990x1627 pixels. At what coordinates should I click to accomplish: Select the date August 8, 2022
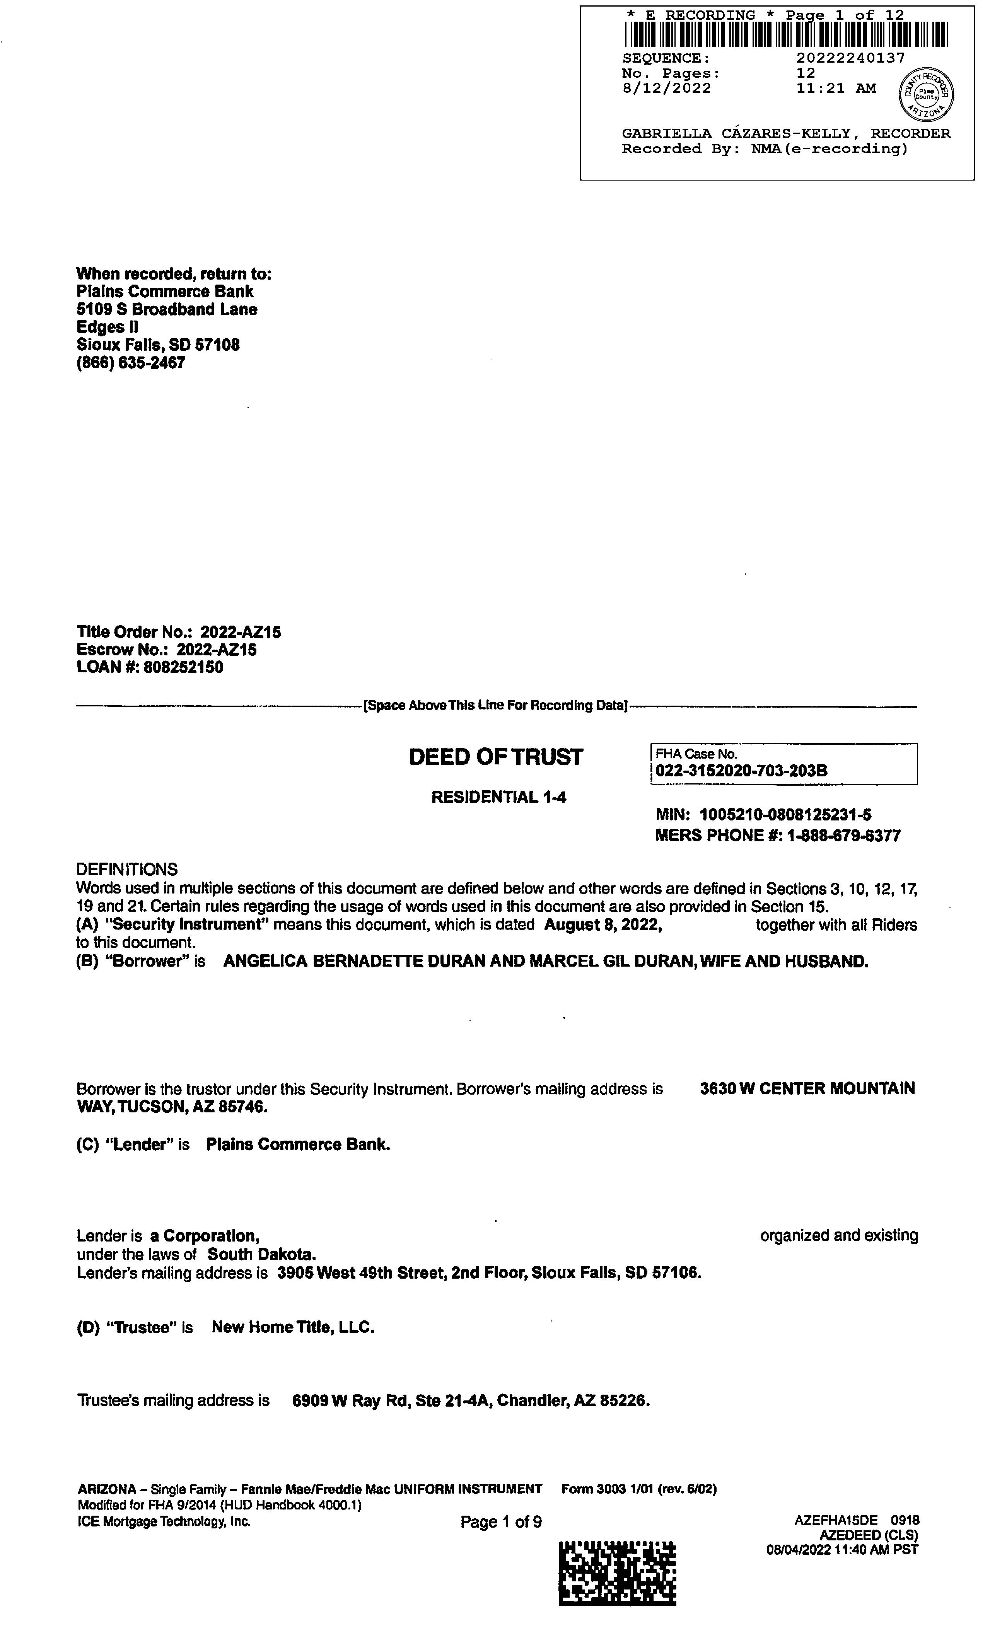point(603,925)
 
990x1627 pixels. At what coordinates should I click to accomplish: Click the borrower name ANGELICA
point(265,962)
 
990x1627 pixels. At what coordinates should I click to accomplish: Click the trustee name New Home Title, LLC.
point(293,1327)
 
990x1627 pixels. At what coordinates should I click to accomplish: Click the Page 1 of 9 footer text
point(501,1521)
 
